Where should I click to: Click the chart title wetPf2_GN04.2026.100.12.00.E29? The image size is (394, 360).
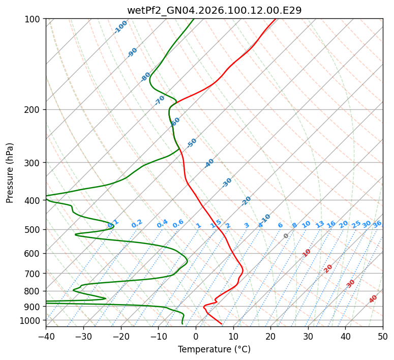tap(214, 11)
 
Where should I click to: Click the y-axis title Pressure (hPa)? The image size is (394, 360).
tap(10, 172)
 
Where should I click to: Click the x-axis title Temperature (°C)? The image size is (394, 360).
tap(214, 349)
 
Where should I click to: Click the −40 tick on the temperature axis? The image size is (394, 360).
tap(46, 336)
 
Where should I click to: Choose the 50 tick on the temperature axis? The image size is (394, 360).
tap(383, 336)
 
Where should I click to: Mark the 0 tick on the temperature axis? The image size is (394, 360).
tap(196, 336)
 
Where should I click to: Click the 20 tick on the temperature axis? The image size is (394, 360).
tap(270, 336)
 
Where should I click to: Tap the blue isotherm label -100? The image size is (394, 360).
tap(121, 27)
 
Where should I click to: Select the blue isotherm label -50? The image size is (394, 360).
tap(192, 143)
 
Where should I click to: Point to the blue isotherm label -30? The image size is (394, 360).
tap(227, 183)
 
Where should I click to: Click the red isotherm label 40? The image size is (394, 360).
tap(373, 299)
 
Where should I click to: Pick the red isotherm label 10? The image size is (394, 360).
tap(307, 253)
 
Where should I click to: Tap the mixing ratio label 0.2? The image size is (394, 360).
tap(137, 224)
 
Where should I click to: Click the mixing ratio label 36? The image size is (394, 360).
tap(377, 224)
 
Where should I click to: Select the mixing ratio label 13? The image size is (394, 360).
tap(320, 224)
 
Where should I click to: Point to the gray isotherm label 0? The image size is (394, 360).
tap(286, 236)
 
